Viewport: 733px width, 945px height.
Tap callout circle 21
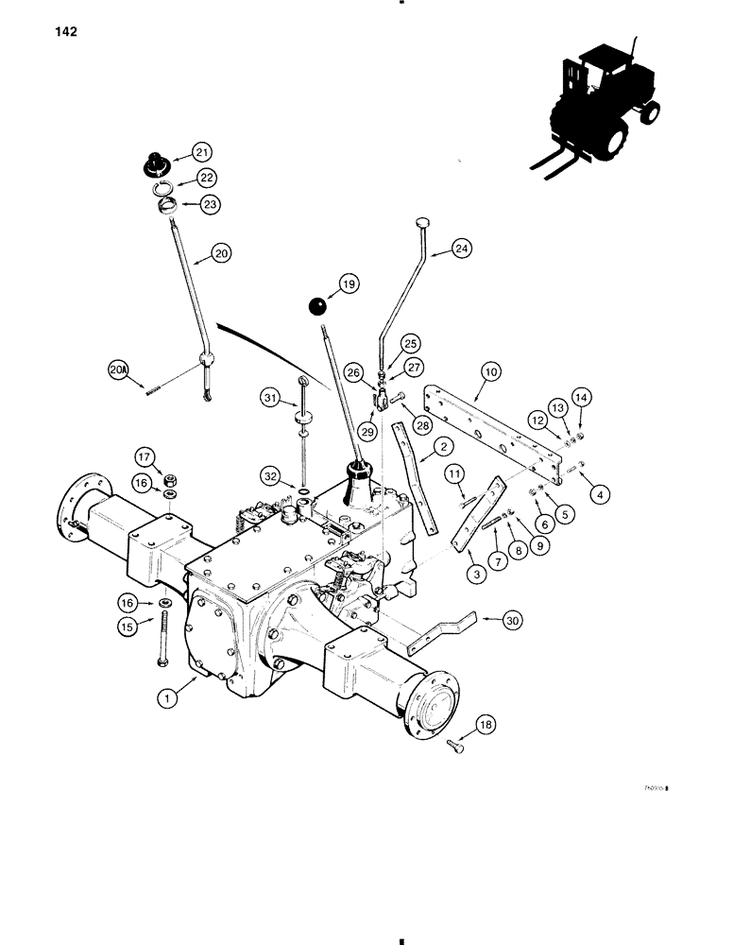click(x=202, y=152)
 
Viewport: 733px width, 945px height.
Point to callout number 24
click(x=460, y=249)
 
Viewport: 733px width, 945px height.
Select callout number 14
click(x=579, y=399)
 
